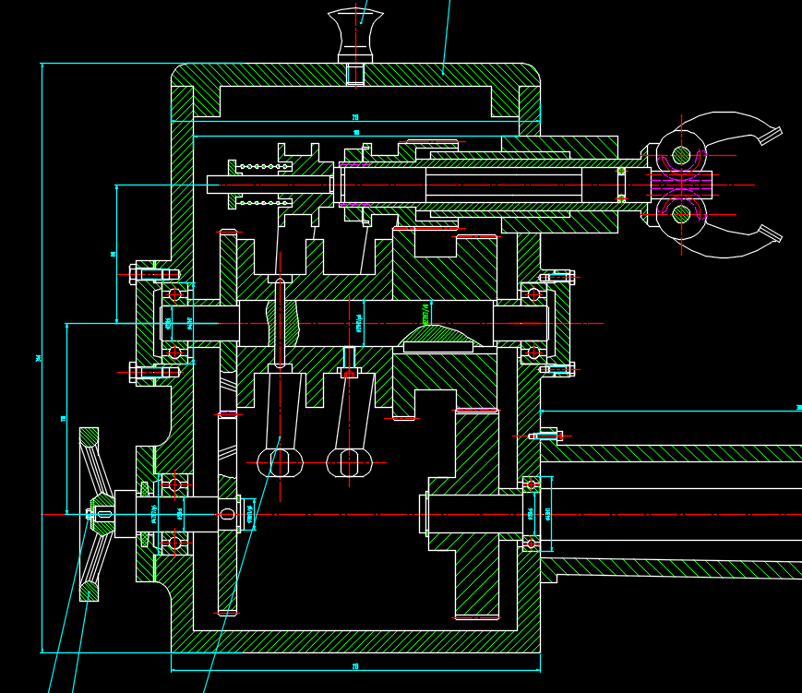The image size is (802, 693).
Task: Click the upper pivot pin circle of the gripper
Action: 681,155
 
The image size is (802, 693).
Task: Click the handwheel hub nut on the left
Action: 102,514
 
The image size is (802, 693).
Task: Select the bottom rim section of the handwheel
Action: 89,591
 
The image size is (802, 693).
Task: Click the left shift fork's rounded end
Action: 280,461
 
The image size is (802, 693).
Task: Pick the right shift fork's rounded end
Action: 349,461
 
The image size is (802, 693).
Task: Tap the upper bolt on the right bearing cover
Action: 557,277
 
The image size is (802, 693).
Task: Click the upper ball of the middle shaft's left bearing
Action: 174,294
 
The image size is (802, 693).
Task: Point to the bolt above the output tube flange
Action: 547,435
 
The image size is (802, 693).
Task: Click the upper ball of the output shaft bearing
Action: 531,484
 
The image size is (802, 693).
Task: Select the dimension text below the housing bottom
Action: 355,666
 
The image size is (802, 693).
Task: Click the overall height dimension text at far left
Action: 38,357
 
